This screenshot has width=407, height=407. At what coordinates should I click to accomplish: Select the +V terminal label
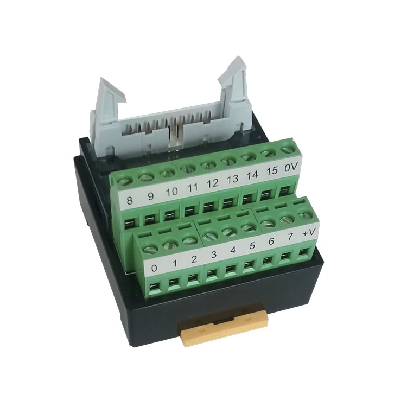[x=310, y=232]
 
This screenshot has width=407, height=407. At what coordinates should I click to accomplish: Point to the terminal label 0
[x=155, y=268]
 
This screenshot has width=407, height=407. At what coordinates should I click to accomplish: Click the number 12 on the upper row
[x=212, y=184]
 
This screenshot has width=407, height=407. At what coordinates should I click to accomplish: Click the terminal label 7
[x=291, y=237]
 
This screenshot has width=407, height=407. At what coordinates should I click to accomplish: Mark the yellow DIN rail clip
[x=224, y=327]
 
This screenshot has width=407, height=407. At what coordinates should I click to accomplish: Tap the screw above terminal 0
[x=150, y=249]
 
